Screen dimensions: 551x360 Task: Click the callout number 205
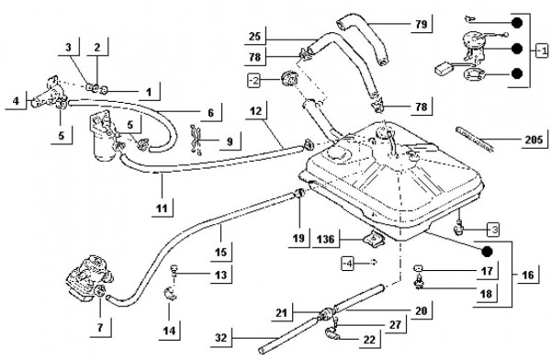click(x=534, y=140)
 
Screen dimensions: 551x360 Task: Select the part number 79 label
click(x=421, y=24)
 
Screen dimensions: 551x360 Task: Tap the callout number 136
click(x=325, y=240)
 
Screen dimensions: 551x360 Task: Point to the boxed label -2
click(x=253, y=81)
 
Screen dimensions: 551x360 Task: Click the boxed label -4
click(x=347, y=264)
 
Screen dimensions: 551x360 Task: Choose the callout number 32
click(x=221, y=338)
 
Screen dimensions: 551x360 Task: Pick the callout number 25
click(x=254, y=36)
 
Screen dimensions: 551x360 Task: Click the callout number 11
click(x=162, y=208)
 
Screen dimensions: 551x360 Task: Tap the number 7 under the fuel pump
click(x=100, y=328)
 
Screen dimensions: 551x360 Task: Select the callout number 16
click(x=528, y=275)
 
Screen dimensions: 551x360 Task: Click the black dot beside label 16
click(x=487, y=252)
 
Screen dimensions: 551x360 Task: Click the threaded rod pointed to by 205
click(x=475, y=139)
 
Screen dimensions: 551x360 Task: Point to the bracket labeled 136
click(x=373, y=239)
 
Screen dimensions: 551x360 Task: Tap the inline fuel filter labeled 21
click(x=327, y=312)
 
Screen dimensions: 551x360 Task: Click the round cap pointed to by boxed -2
click(x=289, y=78)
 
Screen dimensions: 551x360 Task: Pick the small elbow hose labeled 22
click(x=331, y=333)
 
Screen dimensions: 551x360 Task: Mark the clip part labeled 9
click(x=197, y=140)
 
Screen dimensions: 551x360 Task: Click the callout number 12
click(x=256, y=111)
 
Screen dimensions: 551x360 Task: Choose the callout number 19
click(x=298, y=239)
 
